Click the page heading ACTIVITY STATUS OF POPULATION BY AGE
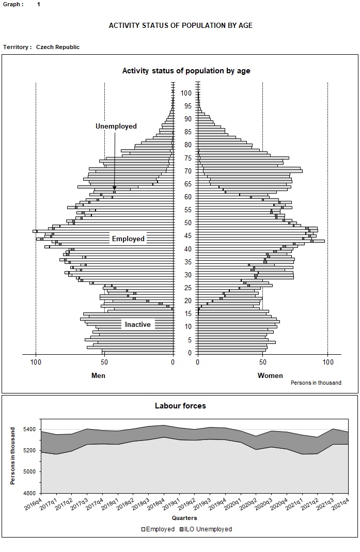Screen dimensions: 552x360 tap(180, 25)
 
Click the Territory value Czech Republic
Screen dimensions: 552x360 tap(58, 47)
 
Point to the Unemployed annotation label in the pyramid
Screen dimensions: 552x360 tap(116, 127)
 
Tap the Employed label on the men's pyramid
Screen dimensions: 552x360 tap(128, 239)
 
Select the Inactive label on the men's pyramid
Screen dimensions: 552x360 tap(138, 324)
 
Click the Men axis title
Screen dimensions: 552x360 tap(98, 375)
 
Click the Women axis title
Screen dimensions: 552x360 tap(270, 375)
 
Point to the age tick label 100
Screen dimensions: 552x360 tap(186, 93)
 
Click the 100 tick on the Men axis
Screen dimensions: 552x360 tap(36, 362)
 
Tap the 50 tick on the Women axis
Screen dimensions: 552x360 tap(262, 362)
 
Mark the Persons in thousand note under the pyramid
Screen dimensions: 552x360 tap(316, 383)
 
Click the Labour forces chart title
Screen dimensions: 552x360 tap(180, 406)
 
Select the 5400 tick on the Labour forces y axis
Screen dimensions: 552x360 tap(29, 430)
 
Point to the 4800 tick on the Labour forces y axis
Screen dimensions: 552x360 tap(29, 493)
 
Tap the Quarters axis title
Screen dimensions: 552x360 tap(184, 518)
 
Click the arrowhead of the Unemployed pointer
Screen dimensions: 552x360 tap(115, 188)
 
